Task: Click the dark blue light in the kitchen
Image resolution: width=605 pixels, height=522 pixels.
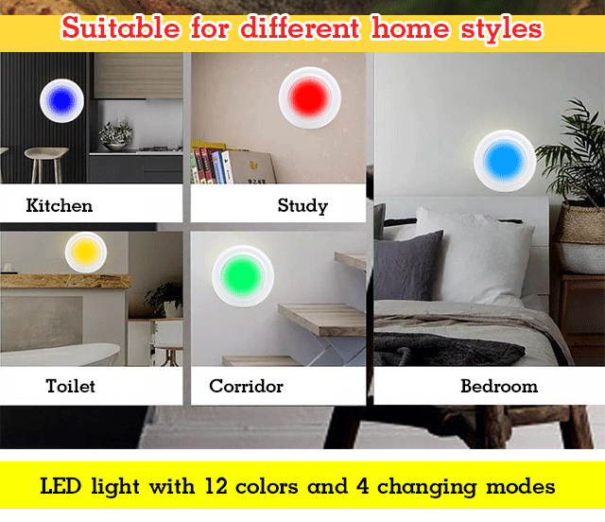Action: [x=61, y=101]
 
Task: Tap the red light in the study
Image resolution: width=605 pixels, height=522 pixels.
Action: [x=309, y=97]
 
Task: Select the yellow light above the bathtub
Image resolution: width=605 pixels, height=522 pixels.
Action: [x=86, y=252]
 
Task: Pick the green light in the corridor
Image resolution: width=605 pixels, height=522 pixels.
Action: [x=243, y=276]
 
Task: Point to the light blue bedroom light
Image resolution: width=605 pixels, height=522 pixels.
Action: [x=505, y=161]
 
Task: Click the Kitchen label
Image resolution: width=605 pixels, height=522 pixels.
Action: [x=60, y=205]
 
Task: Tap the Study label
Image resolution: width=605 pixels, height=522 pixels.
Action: [x=302, y=206]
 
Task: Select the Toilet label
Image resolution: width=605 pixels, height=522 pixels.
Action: [x=71, y=386]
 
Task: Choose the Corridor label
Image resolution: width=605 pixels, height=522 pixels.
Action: [x=246, y=386]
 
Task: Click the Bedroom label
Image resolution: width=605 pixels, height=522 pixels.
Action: [x=499, y=386]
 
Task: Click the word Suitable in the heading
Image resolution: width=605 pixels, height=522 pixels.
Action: [x=120, y=27]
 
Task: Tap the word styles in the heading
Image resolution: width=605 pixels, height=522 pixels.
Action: [x=502, y=29]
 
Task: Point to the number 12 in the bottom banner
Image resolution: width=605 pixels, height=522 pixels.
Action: [x=216, y=486]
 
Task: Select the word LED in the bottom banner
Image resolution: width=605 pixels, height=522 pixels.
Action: [x=60, y=486]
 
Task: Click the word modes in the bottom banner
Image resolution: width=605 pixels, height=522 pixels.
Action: [x=521, y=486]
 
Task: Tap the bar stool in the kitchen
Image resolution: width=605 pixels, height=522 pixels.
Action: [x=46, y=165]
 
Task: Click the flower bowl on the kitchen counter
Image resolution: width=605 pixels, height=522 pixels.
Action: [x=115, y=136]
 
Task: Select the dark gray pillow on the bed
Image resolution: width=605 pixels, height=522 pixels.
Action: [x=409, y=266]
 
